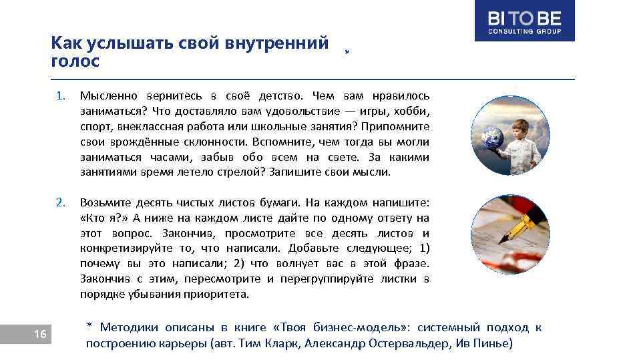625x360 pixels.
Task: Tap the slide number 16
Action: tap(40, 334)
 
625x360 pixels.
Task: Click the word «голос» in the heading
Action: tap(75, 61)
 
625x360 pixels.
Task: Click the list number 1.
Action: tap(60, 96)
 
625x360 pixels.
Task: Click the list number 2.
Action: tap(60, 202)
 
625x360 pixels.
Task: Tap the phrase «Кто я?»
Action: tap(104, 218)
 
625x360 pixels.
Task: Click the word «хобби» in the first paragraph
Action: tap(413, 111)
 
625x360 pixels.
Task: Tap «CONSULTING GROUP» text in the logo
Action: tap(524, 31)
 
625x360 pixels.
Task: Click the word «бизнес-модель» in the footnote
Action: tap(371, 327)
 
